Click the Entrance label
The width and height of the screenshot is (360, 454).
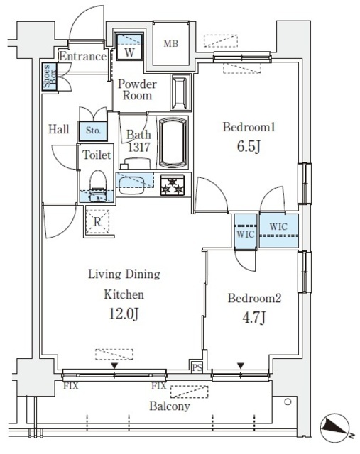[x=82, y=57]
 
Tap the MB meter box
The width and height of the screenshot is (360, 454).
[x=170, y=45]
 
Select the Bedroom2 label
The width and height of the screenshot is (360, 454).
[x=253, y=299]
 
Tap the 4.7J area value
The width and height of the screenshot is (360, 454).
[x=253, y=318]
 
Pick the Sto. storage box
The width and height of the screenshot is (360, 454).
[x=93, y=131]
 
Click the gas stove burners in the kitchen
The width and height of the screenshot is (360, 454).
[x=173, y=186]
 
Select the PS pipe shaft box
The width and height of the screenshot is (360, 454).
[x=197, y=367]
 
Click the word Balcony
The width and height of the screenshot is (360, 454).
[x=170, y=406]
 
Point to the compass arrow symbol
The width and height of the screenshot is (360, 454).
[x=334, y=426]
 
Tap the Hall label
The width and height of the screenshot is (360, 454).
[x=59, y=130]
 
